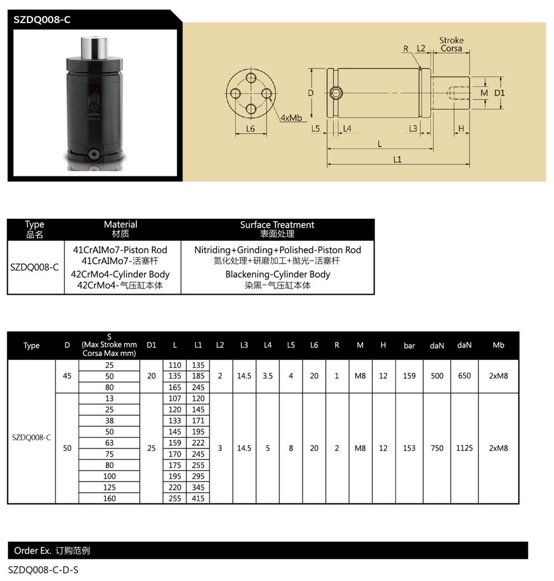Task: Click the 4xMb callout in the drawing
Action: pos(291,118)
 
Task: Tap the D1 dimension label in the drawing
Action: pos(499,92)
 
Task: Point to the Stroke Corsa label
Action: pos(452,44)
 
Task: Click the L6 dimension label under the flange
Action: pos(250,128)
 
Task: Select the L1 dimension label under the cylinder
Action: pos(397,160)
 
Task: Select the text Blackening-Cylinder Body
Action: pos(278,274)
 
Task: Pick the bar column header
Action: pos(409,346)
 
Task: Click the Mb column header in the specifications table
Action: pos(498,345)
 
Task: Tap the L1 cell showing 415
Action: pos(198,498)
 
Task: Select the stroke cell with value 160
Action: pos(110,498)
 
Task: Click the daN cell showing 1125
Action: pos(464,448)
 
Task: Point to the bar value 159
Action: pos(409,376)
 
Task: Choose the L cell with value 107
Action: pos(175,398)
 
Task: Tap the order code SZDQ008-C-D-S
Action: pos(43,569)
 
